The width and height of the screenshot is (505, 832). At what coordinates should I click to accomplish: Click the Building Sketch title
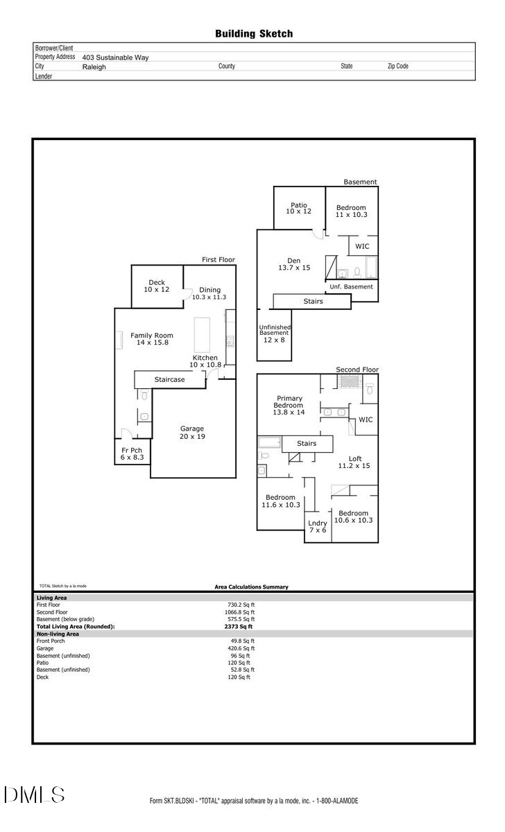[x=253, y=33]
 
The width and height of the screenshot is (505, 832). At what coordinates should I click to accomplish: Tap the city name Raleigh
[x=94, y=67]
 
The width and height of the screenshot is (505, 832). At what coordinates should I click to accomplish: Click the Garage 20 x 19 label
[x=192, y=433]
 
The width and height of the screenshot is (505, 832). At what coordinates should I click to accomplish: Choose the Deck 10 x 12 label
[x=157, y=286]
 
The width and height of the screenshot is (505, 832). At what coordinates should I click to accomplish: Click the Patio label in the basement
[x=299, y=208]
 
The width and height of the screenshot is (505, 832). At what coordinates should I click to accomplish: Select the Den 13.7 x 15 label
[x=294, y=264]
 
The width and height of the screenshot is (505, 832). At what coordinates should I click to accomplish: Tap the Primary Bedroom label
[x=289, y=405]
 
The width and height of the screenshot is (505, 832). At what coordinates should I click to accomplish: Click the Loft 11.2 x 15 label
[x=354, y=462]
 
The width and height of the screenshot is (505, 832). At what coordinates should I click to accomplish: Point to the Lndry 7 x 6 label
[x=318, y=526]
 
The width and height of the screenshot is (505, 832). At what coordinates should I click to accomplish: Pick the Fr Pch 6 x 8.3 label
[x=132, y=453]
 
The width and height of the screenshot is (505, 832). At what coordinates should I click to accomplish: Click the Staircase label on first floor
[x=169, y=380]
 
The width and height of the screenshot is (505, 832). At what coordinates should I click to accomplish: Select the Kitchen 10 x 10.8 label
[x=205, y=361]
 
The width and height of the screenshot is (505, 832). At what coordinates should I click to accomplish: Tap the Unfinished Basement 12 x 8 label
[x=275, y=333]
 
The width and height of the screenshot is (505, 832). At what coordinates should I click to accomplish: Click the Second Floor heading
[x=357, y=370]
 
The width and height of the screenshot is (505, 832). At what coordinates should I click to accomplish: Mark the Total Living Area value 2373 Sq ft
[x=234, y=626]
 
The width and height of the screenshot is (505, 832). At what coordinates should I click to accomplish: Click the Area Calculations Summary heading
[x=251, y=587]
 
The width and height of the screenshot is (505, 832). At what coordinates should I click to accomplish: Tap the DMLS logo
[x=34, y=795]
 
